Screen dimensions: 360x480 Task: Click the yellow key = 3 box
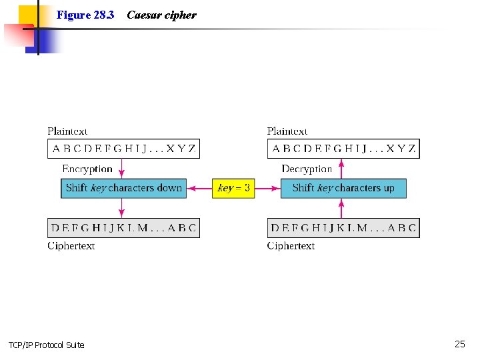[233, 188]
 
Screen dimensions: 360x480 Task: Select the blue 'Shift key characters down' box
[123, 188]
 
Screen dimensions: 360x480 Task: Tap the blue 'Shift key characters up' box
[343, 188]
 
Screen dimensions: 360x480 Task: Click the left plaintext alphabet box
[123, 149]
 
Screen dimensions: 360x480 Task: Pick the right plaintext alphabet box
[343, 149]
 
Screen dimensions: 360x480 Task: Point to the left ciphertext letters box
[123, 228]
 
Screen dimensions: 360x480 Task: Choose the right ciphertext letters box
[343, 228]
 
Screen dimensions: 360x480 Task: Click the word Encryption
[87, 169]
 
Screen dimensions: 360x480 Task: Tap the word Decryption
[307, 169]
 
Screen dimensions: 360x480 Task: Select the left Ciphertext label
[71, 246]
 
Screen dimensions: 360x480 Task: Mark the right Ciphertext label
[291, 246]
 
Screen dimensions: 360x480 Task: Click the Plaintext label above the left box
[67, 131]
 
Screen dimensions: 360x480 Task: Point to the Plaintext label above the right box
[287, 131]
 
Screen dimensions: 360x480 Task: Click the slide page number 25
[460, 344]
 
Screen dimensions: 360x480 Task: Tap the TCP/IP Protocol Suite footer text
[46, 345]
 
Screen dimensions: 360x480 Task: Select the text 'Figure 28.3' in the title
[85, 15]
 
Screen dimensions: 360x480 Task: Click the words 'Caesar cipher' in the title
[161, 15]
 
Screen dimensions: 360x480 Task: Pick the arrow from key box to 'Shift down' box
[199, 188]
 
